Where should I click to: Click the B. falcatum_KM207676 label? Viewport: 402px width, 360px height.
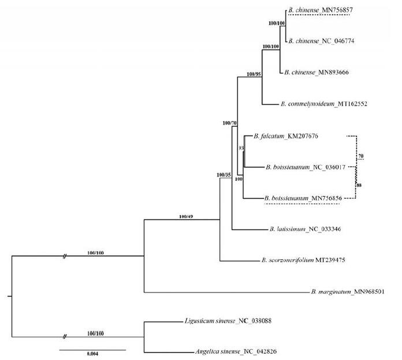(x=286, y=136)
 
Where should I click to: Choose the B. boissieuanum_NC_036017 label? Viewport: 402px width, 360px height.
(x=304, y=167)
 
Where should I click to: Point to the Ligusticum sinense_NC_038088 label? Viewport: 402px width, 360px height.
(x=224, y=321)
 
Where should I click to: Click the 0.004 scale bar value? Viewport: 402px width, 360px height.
(x=92, y=355)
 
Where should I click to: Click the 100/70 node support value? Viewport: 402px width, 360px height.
(x=230, y=123)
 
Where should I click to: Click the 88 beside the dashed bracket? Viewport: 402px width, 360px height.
(x=359, y=185)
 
